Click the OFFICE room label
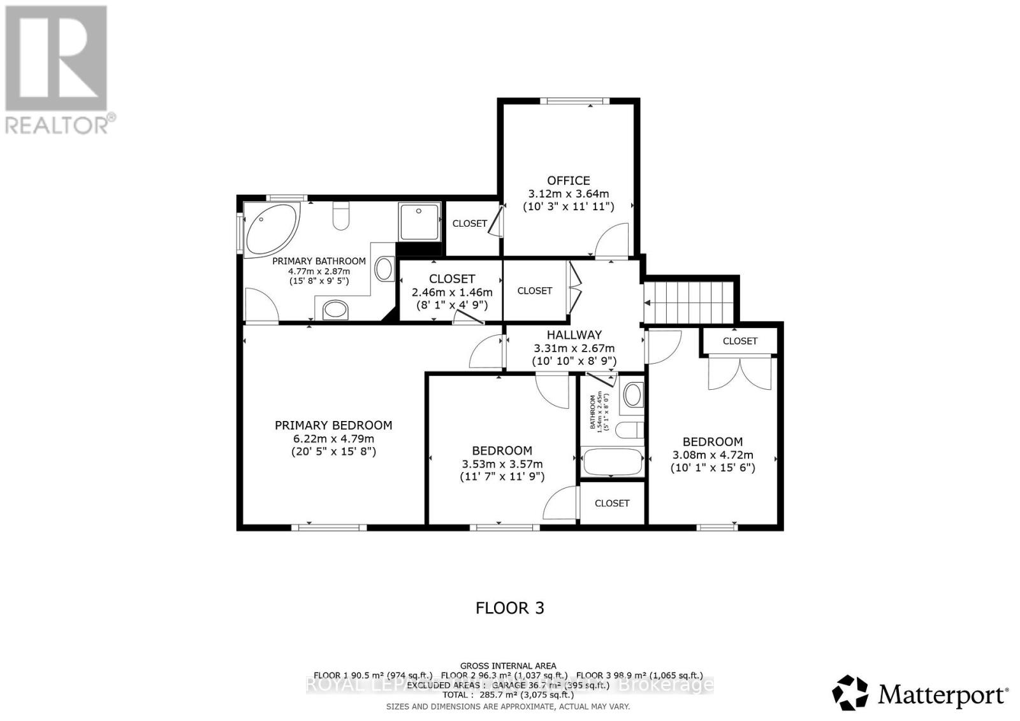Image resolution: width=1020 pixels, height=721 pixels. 568,180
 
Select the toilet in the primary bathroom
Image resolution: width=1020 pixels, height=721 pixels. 341,216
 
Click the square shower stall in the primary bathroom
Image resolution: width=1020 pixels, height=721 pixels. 419,222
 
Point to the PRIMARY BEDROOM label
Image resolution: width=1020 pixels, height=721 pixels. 333,425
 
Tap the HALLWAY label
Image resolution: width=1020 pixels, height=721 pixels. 574,334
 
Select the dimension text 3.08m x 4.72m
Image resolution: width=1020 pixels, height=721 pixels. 713,455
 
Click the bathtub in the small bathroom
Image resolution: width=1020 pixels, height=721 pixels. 611,462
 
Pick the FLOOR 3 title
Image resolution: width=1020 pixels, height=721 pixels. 510,608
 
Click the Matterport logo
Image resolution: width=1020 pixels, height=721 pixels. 920,693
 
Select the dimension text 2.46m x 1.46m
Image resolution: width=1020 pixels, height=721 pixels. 452,292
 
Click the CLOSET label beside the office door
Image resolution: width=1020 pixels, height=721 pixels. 470,224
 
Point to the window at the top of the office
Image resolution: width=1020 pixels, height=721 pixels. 574,101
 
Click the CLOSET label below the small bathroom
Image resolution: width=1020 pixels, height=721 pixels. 611,503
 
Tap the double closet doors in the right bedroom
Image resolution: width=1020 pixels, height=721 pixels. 740,373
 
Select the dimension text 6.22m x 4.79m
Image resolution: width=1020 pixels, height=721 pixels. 333,439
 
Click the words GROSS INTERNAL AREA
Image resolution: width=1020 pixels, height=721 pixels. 508,666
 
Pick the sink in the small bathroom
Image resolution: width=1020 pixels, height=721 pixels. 632,395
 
